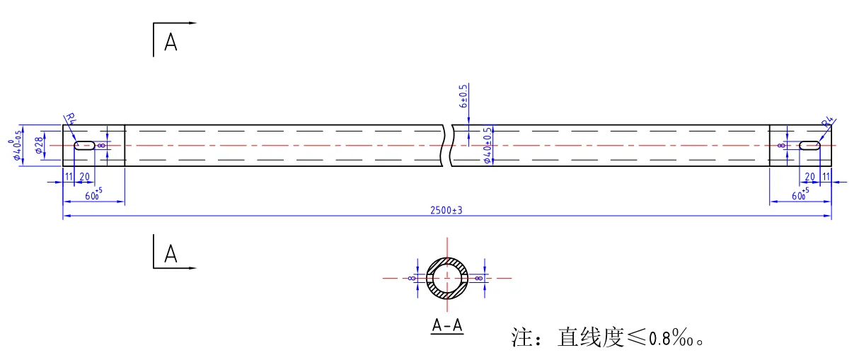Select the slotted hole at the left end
[85, 146]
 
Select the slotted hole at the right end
[810, 146]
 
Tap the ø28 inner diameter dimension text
[39, 146]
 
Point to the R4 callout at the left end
[70, 120]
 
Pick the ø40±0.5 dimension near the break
[487, 146]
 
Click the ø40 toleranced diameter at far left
[18, 146]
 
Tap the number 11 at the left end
[69, 177]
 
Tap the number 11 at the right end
[826, 177]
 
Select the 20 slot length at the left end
[84, 177]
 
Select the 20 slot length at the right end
[810, 177]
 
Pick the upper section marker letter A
[171, 42]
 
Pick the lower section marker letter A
[171, 253]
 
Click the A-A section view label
[447, 325]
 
